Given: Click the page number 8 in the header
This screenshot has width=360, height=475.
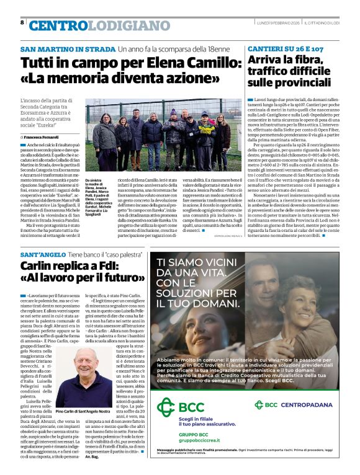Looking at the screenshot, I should [22, 22].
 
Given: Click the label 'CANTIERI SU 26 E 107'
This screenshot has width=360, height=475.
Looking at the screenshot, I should [286, 48].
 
